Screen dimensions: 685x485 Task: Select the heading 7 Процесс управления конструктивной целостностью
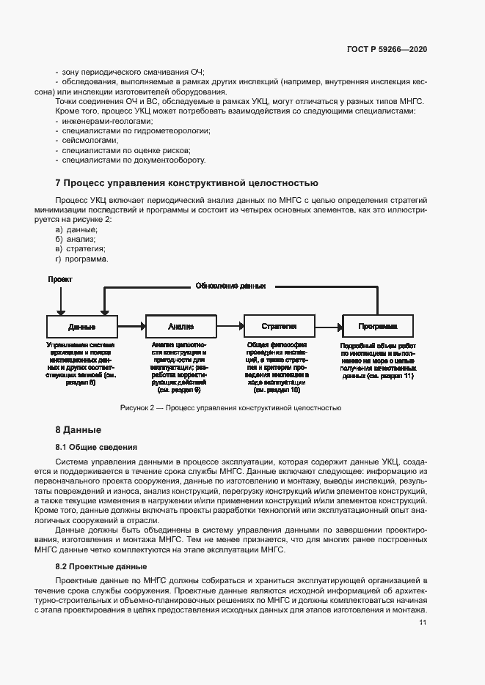click(x=187, y=182)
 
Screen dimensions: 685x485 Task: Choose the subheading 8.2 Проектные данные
click(x=101, y=547)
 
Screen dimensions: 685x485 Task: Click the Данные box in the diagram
click(x=82, y=327)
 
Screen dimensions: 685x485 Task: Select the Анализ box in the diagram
click(x=180, y=327)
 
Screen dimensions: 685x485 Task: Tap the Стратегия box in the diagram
click(x=280, y=327)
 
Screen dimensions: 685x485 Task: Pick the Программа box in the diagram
click(x=378, y=327)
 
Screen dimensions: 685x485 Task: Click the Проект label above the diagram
click(x=60, y=280)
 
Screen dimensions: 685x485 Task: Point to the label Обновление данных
click(x=230, y=286)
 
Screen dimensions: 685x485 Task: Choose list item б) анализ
click(x=76, y=239)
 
